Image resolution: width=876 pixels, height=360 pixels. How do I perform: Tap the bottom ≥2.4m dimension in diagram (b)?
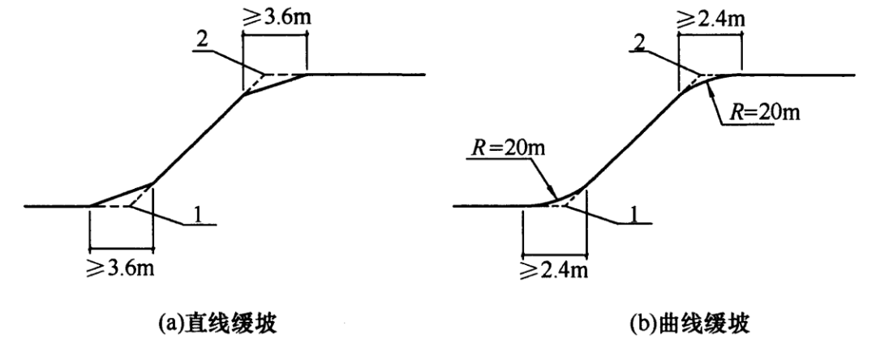coord(554,264)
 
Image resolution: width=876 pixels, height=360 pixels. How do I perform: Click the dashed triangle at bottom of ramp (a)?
coord(130,199)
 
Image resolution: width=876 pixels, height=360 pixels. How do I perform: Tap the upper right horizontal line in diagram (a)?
coord(365,75)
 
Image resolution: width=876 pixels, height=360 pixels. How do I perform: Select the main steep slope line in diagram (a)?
coord(199,138)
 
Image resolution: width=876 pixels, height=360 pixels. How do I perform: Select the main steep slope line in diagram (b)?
coord(633,138)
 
